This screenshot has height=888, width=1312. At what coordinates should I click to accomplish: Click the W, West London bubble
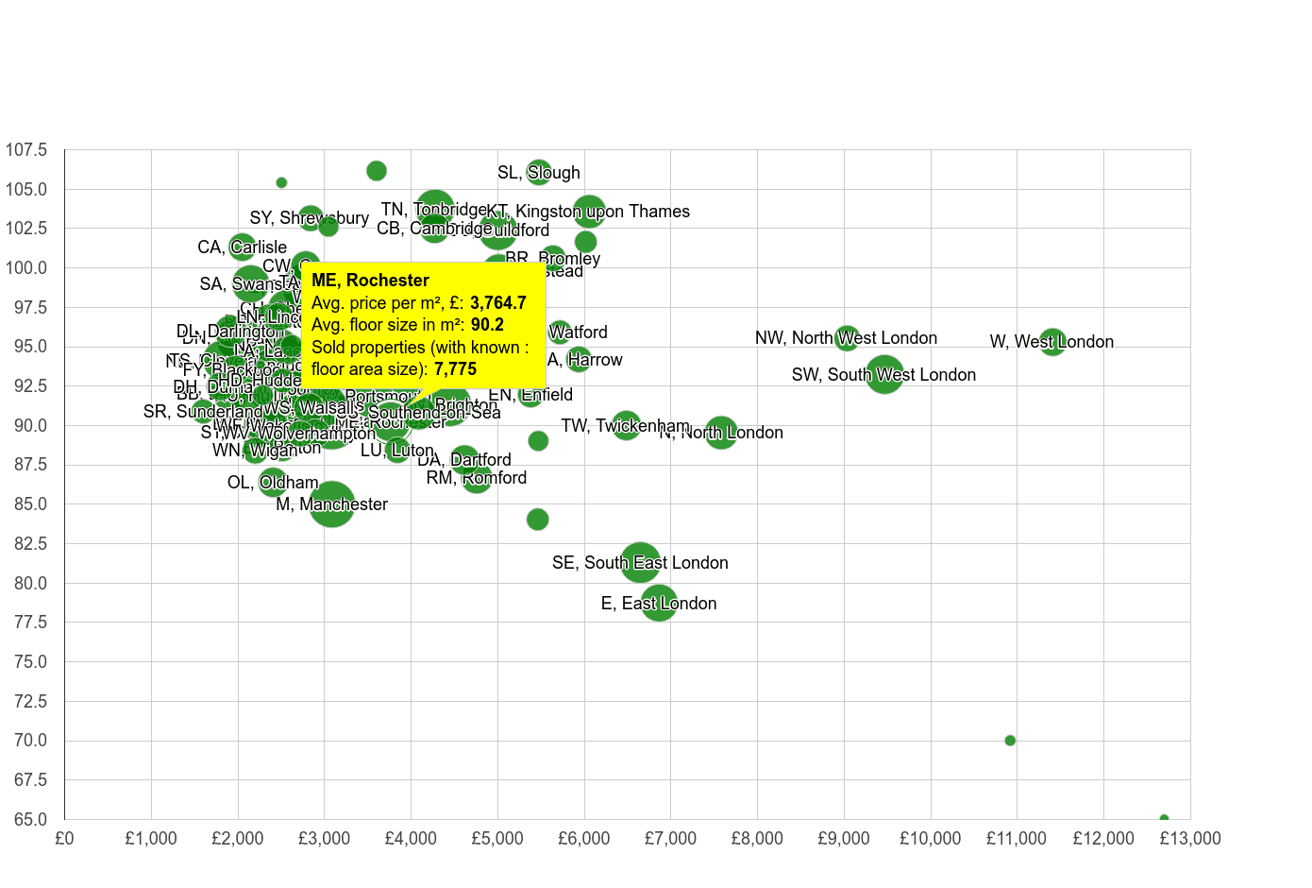(x=1051, y=341)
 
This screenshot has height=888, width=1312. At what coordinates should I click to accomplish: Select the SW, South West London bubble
(x=884, y=374)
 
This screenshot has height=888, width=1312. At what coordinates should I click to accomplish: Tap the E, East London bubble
(x=659, y=603)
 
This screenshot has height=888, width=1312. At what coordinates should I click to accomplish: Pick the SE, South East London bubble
(x=641, y=562)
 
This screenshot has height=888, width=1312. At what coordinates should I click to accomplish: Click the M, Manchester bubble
(x=332, y=504)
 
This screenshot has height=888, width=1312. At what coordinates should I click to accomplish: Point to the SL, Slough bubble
(x=539, y=172)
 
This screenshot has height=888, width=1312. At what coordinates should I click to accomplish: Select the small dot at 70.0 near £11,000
(x=1010, y=741)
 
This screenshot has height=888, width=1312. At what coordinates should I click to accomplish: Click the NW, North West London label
(x=846, y=337)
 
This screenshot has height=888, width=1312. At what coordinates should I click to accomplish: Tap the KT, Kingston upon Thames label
(x=588, y=211)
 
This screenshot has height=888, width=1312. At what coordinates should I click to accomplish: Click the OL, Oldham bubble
(x=272, y=482)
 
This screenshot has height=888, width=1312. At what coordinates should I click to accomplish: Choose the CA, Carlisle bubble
(x=243, y=247)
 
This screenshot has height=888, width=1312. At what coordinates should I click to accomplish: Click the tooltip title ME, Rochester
(x=370, y=281)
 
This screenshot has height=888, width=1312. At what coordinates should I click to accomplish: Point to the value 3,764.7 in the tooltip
(x=498, y=303)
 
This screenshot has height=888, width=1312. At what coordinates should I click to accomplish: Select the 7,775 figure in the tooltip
(x=455, y=369)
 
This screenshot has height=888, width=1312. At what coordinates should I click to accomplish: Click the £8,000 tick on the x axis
(x=757, y=839)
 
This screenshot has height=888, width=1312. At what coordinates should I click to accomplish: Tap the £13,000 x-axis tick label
(x=1189, y=839)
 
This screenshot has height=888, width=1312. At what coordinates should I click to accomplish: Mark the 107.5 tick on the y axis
(x=26, y=150)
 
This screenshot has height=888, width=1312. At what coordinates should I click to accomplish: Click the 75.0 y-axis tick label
(x=26, y=661)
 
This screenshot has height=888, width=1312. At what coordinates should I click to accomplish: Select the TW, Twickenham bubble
(x=626, y=425)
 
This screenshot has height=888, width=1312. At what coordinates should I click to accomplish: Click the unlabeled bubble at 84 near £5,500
(x=537, y=520)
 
